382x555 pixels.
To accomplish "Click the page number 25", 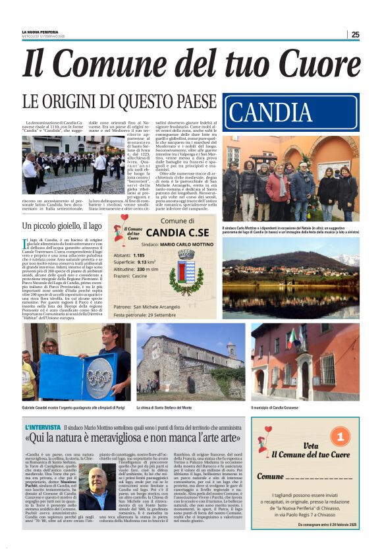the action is (355, 34).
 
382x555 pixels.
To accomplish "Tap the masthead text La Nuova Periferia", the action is (41, 32).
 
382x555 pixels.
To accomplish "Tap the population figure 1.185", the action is (156, 254).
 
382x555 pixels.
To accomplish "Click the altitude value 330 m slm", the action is (164, 270).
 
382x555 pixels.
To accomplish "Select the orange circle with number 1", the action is (339, 438).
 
